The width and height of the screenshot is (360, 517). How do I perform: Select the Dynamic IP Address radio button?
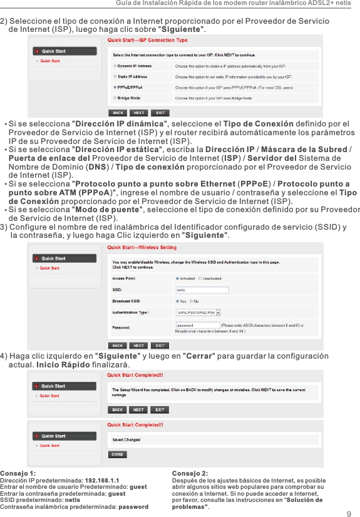114,66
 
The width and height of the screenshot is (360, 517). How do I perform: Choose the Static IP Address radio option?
114,76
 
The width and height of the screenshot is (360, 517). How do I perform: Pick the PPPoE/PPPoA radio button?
114,88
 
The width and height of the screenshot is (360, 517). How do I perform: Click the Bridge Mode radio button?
114,98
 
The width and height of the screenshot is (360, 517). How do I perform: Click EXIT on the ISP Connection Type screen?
161,113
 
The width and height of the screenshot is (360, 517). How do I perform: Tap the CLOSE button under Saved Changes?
117,454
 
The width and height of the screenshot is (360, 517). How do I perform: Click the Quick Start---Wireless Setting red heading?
141,248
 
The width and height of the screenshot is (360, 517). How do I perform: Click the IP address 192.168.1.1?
102,480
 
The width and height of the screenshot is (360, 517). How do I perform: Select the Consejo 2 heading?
190,473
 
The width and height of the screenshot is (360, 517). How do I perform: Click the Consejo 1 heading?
18,473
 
